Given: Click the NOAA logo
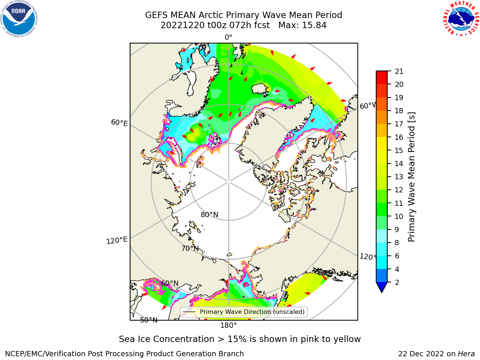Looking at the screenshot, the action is [19, 19].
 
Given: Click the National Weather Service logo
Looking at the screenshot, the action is [461, 19].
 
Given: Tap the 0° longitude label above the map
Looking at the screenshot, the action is [228, 37].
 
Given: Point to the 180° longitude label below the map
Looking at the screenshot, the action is [228, 325].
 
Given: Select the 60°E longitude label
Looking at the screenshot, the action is [119, 123].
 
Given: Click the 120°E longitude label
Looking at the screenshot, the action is [117, 240].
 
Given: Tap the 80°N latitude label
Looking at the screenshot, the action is [209, 214].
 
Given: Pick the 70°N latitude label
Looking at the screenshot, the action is [190, 248].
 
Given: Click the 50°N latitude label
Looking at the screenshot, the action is [149, 320].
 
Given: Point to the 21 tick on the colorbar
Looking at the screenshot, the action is [399, 71].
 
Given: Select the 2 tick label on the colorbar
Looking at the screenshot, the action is [397, 282].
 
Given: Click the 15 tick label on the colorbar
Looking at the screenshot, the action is [399, 150].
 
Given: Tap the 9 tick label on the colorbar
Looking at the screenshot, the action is [397, 229].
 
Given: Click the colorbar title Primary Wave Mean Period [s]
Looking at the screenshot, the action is [411, 177].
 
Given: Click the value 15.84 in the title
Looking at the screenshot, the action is [314, 25].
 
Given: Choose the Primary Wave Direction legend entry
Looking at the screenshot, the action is [244, 312].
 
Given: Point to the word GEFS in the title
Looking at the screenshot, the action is [156, 15].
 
